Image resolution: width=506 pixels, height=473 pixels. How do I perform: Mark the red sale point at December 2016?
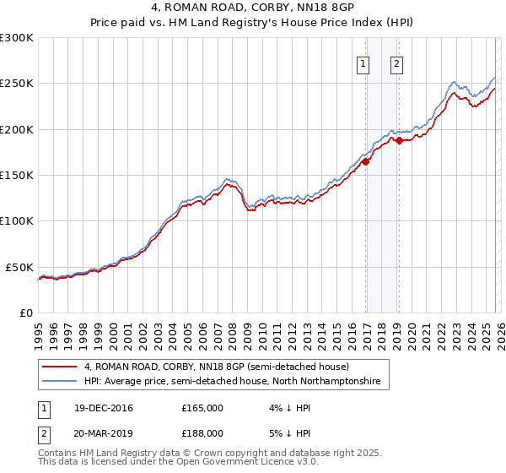click(366, 161)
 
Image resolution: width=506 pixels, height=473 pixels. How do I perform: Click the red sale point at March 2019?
click(399, 141)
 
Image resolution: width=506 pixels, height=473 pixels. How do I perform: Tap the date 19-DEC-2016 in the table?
click(96, 408)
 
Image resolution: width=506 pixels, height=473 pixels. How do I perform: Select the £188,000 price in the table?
click(202, 432)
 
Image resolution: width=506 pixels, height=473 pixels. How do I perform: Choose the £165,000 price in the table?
click(202, 408)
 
